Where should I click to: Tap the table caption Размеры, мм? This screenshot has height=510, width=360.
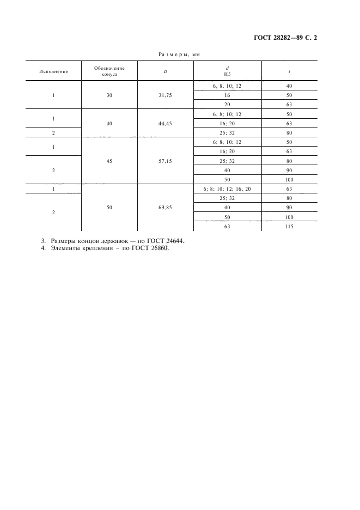tap(180, 54)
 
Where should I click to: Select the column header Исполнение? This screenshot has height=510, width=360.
tap(53, 71)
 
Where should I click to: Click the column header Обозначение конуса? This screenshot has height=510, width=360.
tap(109, 71)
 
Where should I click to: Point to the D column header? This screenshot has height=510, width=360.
tap(165, 71)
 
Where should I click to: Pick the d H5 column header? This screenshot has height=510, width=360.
tap(227, 71)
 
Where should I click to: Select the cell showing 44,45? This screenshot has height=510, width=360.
tap(165, 123)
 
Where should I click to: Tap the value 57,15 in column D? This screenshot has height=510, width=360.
tap(165, 162)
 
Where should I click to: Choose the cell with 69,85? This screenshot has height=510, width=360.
tap(165, 208)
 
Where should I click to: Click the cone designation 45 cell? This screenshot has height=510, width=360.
tap(109, 162)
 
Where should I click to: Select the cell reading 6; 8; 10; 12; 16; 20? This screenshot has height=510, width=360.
tap(227, 189)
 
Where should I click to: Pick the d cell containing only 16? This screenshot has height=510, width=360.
tap(227, 95)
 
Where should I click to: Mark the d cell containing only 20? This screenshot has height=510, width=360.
tap(227, 105)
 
